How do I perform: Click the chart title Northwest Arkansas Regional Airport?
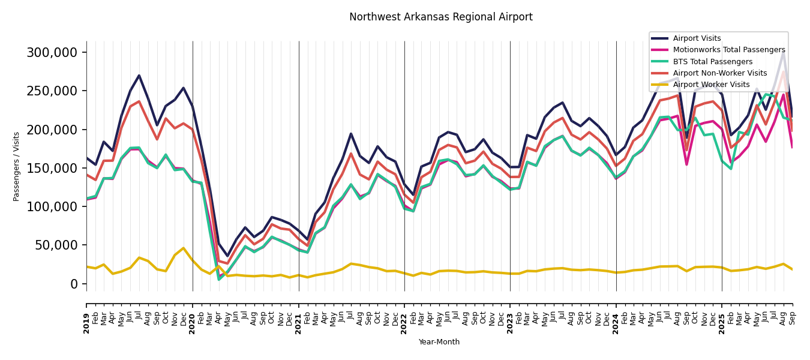point(440,17)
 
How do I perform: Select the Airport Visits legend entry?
point(697,38)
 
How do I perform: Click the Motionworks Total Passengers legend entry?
point(728,50)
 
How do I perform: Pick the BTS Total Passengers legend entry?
point(712,62)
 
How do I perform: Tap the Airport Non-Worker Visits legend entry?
point(719,73)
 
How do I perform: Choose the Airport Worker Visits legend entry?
point(711,85)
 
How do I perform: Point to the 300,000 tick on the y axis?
point(52,53)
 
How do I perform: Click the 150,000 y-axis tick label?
point(52,168)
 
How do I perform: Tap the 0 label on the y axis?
point(74,284)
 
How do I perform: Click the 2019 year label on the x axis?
point(86,323)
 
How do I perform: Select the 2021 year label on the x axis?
point(299,323)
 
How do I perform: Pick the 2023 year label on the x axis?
point(510,323)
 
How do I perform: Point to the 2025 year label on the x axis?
point(722,323)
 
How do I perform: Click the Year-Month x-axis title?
point(439,342)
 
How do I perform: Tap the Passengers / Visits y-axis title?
point(17,166)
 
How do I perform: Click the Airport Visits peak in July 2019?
point(139,76)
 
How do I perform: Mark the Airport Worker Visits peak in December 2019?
point(184,248)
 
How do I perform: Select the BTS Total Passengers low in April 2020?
point(219,279)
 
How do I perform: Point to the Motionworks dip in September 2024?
point(686,164)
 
